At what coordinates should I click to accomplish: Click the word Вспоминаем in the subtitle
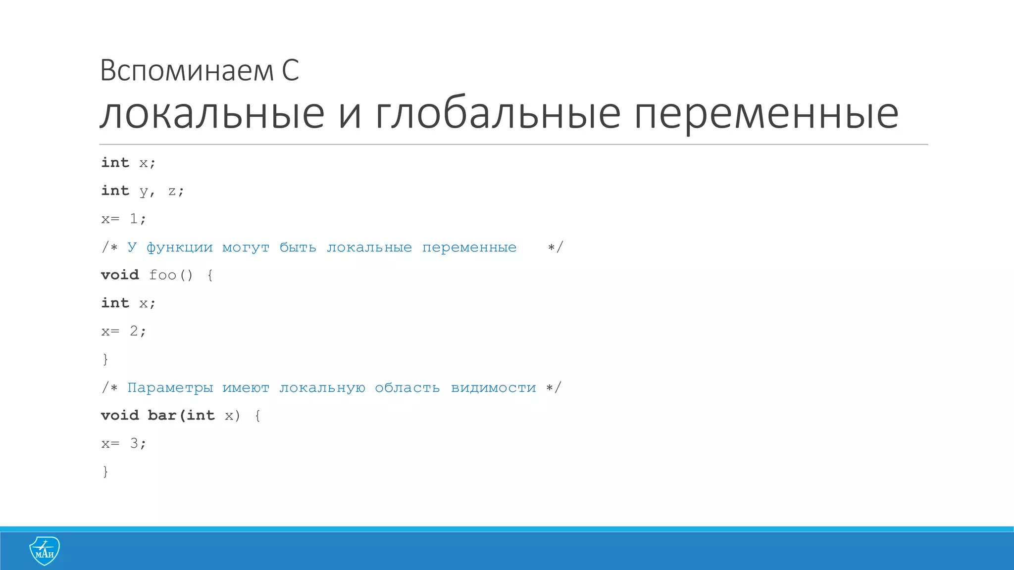coord(187,70)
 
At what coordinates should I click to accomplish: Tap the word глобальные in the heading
coord(498,114)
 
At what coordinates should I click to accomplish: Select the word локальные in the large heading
coord(212,114)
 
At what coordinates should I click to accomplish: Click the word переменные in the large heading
coord(766,114)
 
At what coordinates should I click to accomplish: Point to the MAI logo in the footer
coord(45,551)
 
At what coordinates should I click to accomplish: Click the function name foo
coord(162,275)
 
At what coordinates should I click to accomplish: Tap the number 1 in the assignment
coord(134,219)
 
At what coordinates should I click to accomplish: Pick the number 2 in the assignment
coord(134,331)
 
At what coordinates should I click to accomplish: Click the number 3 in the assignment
coord(134,443)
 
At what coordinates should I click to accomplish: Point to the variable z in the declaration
coord(172,191)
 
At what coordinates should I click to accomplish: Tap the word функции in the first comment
coord(179,247)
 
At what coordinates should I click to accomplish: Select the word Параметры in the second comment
coord(170,388)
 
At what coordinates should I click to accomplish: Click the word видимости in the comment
coord(493,388)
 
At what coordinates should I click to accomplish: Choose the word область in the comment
coord(407,387)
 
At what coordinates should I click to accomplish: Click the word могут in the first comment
coord(246,247)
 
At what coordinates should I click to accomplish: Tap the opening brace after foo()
coord(210,275)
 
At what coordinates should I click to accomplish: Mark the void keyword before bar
coord(120,415)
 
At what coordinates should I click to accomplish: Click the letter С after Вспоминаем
coord(291,70)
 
